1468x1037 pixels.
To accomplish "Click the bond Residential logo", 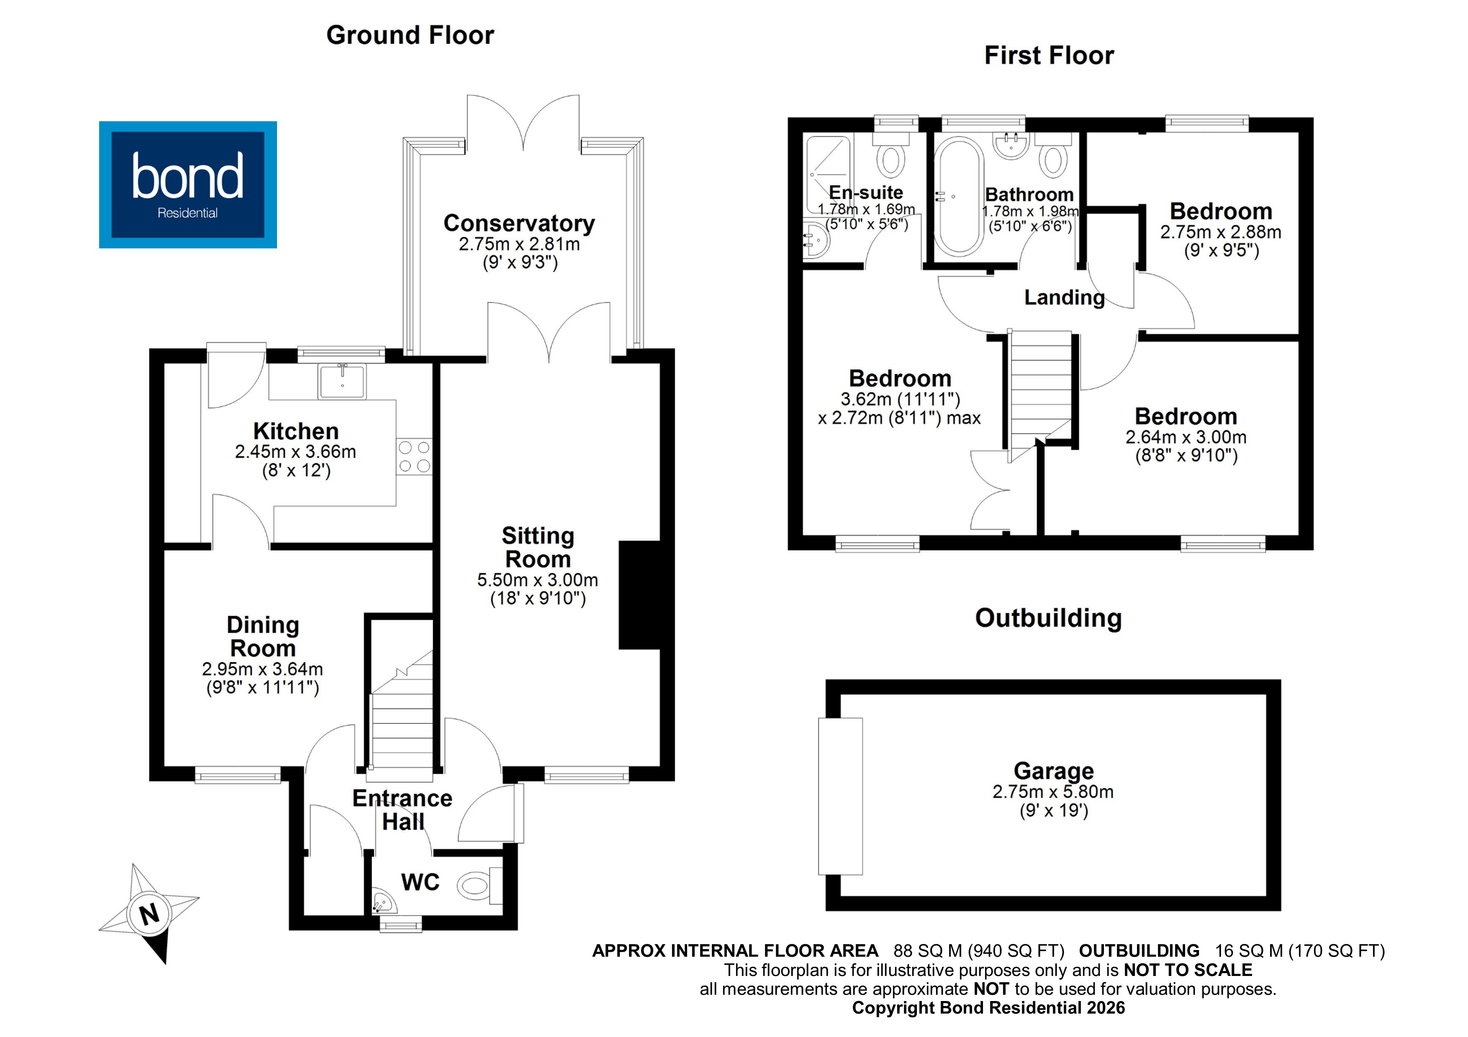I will pyautogui.click(x=187, y=185).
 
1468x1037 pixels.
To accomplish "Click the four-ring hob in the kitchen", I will pyautogui.click(x=414, y=457).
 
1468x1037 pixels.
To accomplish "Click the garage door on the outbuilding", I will pyautogui.click(x=840, y=796).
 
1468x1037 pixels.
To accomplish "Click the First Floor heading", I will pyautogui.click(x=1049, y=56).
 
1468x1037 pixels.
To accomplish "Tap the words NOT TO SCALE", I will pyautogui.click(x=1187, y=970).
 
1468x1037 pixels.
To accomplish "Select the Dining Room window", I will pyautogui.click(x=237, y=776).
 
